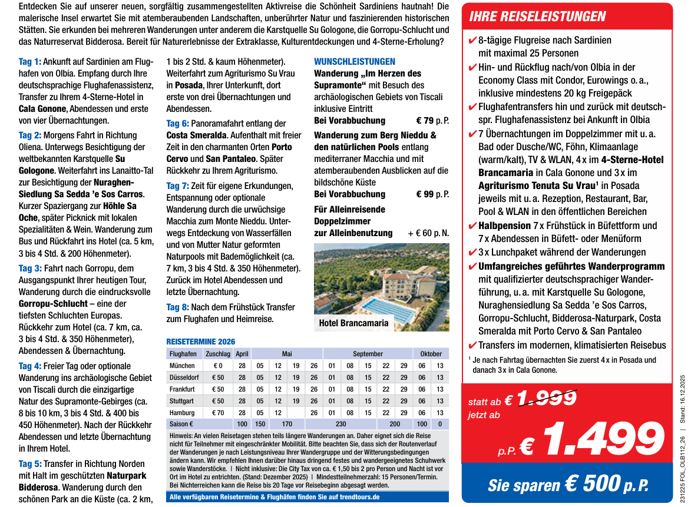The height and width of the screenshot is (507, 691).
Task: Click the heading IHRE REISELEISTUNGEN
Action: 537,16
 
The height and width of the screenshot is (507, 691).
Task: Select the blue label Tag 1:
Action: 30,61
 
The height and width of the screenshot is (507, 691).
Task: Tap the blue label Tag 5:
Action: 30,463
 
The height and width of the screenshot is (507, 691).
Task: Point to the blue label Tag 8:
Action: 177,307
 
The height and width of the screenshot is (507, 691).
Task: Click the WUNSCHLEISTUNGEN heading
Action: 355,61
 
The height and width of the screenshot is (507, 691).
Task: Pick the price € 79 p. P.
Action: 432,121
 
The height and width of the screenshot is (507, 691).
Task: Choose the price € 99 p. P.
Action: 432,194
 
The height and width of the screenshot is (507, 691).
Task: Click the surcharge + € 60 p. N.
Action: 428,233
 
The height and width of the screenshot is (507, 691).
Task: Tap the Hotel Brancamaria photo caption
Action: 353,323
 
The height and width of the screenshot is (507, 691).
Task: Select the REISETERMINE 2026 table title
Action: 200,342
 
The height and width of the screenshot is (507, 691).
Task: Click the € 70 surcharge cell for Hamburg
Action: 218,412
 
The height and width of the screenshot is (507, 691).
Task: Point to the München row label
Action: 182,366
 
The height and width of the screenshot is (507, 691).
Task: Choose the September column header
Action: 368,354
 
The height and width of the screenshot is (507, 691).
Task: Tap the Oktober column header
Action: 431,354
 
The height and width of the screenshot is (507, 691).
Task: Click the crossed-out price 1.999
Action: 547,399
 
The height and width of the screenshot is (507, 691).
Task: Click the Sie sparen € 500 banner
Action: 567,485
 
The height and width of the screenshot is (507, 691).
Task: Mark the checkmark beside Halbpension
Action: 472,226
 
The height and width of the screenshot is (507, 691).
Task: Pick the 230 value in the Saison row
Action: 340,424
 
